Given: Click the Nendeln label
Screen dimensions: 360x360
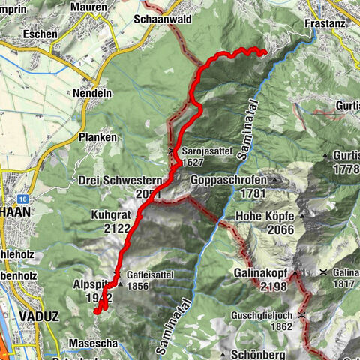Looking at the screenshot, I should [93, 93].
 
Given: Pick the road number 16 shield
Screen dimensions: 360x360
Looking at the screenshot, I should [24, 199].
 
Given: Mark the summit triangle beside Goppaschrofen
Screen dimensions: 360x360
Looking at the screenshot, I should [275, 181].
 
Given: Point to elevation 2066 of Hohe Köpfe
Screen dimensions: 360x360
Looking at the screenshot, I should [254, 232].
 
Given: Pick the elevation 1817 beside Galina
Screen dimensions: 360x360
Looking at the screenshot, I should [346, 283].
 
